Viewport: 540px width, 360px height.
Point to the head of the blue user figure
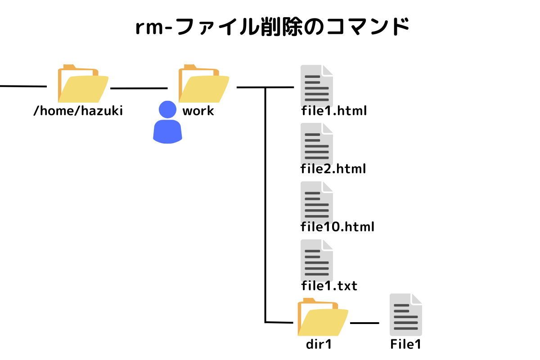(167, 109)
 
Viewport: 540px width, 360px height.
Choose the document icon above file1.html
(317, 85)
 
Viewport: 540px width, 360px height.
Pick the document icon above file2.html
(317, 144)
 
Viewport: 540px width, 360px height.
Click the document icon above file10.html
(317, 202)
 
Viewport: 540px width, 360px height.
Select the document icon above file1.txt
(317, 260)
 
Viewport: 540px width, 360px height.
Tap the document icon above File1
(406, 314)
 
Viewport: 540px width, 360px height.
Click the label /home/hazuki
(78, 111)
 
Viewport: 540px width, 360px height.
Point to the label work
(198, 111)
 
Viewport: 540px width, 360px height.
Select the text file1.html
(334, 111)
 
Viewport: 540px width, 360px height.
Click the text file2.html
(333, 169)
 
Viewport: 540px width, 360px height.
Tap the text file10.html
(337, 227)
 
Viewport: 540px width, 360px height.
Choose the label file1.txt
(329, 285)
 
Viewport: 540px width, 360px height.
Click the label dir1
(319, 345)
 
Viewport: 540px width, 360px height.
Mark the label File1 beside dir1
(405, 345)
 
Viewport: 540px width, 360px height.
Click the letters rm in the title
(150, 28)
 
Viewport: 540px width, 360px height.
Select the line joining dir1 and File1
(364, 323)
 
